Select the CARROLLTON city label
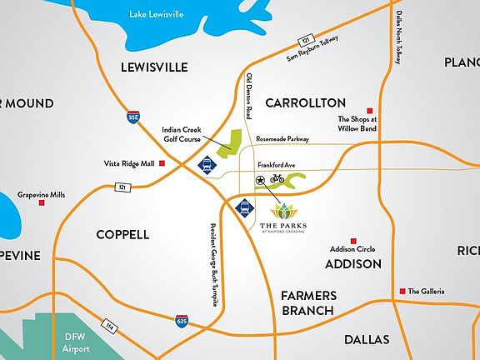tap(305, 102)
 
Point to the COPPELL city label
tap(122, 234)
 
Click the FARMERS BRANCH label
tap(307, 302)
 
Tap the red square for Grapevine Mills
tap(40, 203)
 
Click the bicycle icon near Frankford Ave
tap(277, 178)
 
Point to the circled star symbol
tap(260, 179)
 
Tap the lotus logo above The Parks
tap(283, 212)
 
